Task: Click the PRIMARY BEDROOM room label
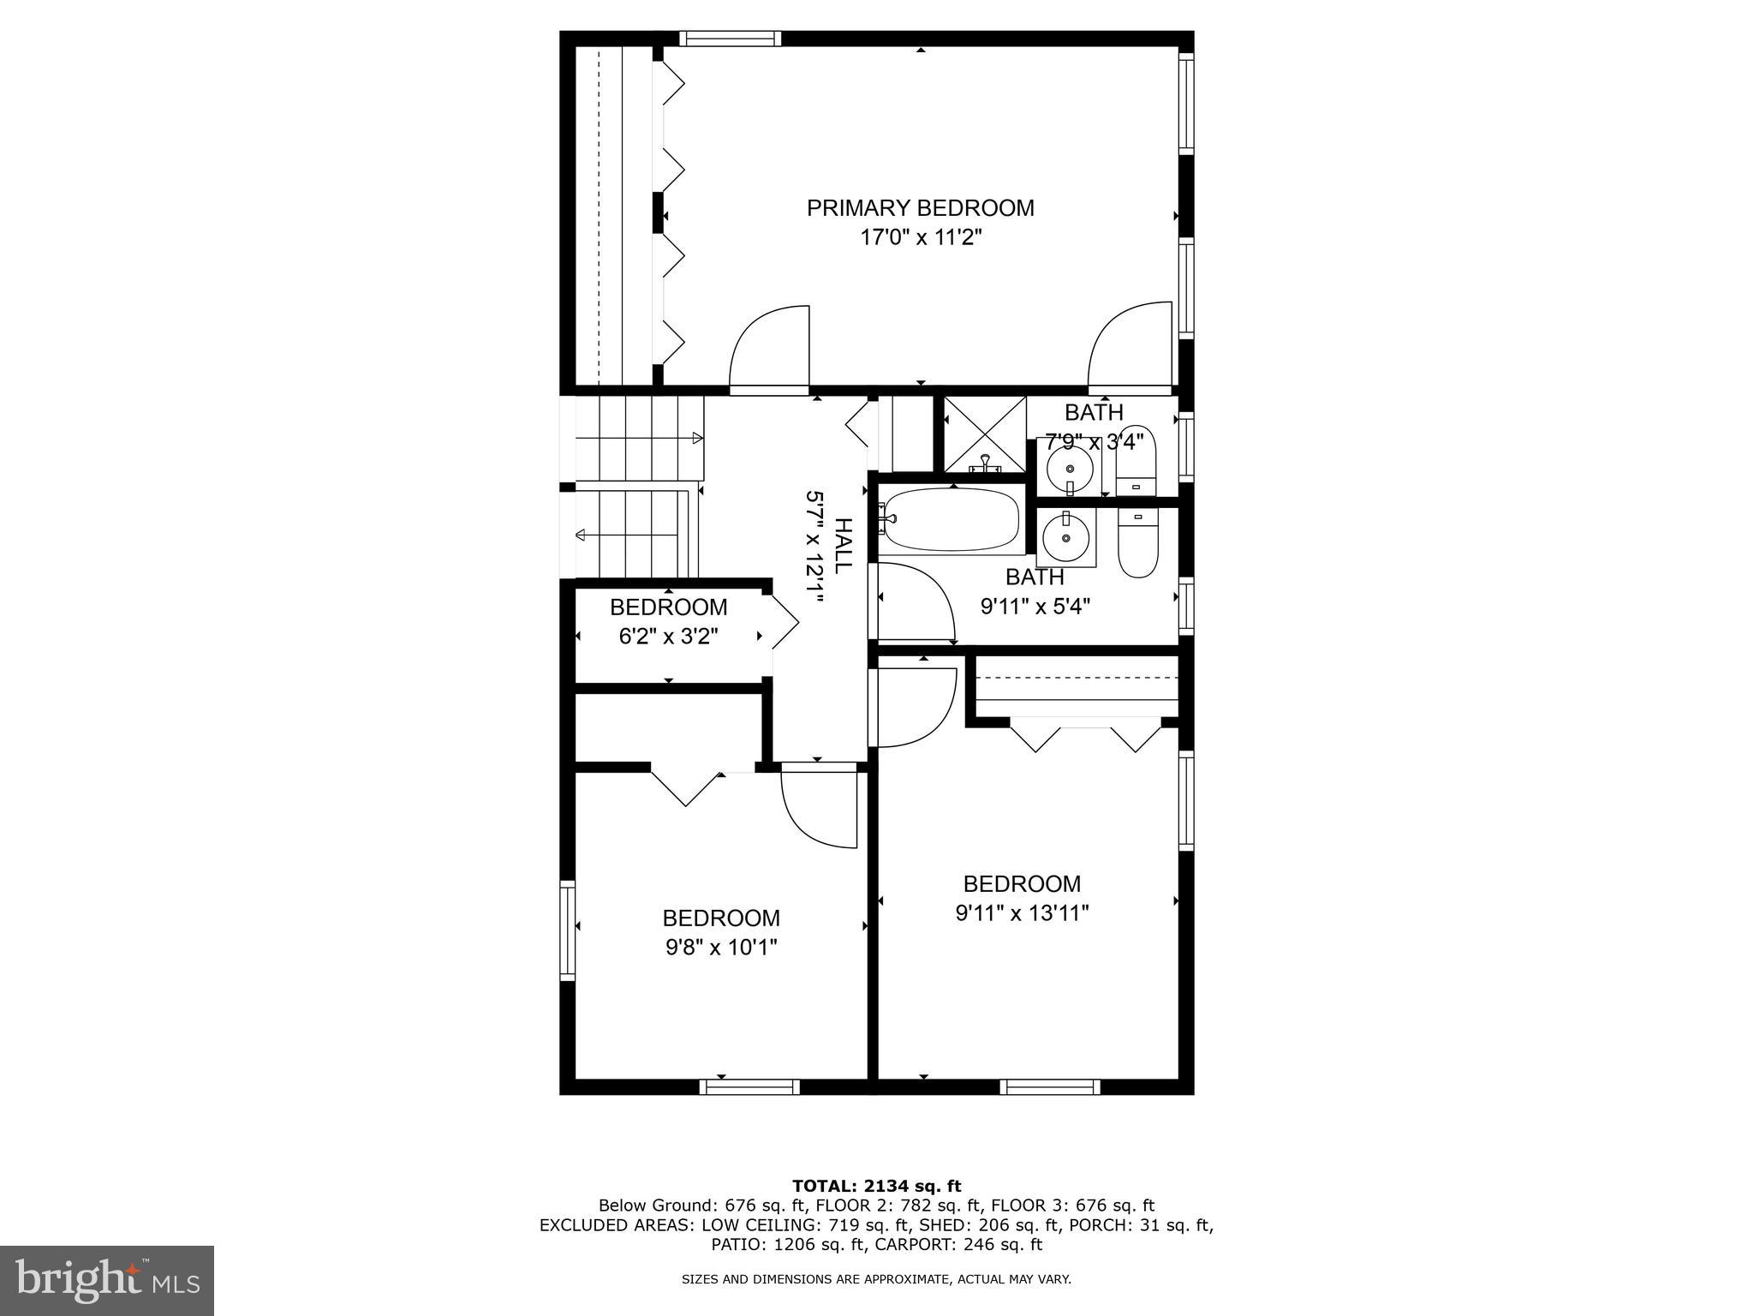920,208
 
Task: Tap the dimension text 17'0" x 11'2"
920,237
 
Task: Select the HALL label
843,546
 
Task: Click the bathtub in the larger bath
951,519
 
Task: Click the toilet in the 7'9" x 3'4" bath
1137,461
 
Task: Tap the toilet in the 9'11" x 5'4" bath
1137,543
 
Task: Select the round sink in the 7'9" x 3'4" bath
1070,468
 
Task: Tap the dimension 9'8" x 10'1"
720,948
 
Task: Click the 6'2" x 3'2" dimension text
668,637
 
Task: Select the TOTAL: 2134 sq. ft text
876,1186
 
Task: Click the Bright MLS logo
107,1280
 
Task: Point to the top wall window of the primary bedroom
730,38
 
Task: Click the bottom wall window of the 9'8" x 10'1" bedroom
749,1087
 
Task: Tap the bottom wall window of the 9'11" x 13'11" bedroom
1049,1087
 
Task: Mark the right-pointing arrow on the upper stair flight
696,438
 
